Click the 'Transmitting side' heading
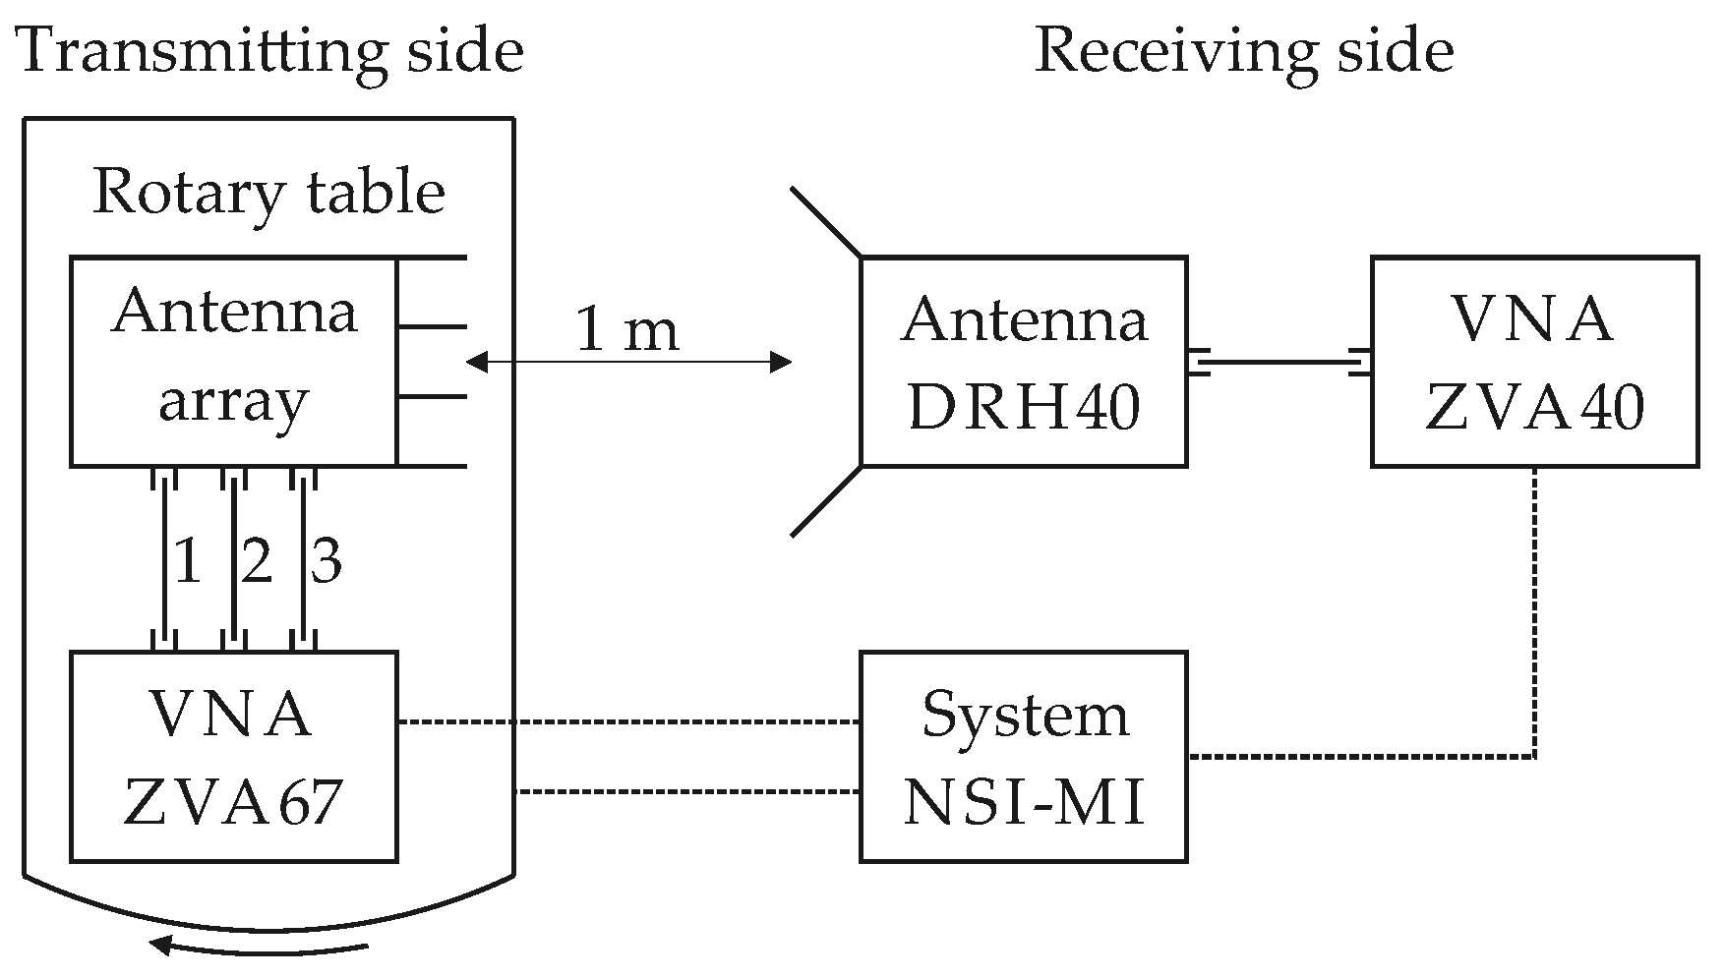[270, 51]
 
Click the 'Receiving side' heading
[1243, 51]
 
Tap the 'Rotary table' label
[268, 192]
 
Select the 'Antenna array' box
[233, 361]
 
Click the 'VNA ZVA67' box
[233, 756]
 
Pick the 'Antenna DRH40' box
[1023, 361]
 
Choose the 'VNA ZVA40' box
[1534, 361]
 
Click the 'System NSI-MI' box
[1023, 756]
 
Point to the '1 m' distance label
[626, 330]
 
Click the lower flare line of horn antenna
[826, 500]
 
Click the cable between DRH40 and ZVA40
[1279, 363]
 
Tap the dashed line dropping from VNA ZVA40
[1534, 609]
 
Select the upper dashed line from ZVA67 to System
[629, 722]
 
